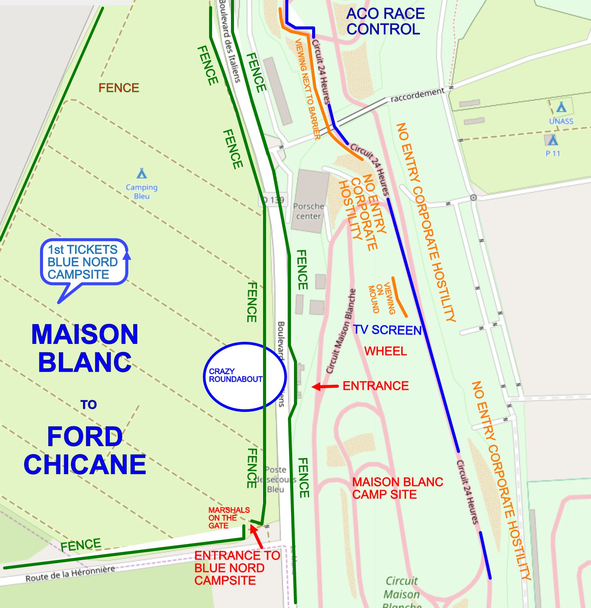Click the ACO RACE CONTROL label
point(385,21)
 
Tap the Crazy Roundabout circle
point(245,376)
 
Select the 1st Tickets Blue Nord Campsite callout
point(84,262)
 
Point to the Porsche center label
point(308,211)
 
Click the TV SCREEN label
point(387,330)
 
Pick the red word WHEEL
point(385,351)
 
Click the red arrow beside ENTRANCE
point(325,386)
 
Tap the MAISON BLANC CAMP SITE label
point(397,488)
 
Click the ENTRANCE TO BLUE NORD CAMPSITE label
point(237,568)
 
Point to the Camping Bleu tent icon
point(142,173)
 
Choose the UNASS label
point(561,121)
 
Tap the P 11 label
point(553,154)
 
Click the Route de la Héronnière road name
point(70,574)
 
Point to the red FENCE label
point(119,88)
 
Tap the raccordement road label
point(417,95)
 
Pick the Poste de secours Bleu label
point(275,479)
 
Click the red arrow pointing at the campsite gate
point(256,536)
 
